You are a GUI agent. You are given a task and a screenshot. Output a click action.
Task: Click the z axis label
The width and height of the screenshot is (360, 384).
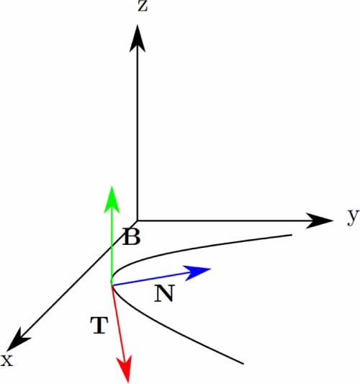[143, 6]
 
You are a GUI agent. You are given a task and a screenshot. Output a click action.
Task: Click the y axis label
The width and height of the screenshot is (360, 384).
[353, 217]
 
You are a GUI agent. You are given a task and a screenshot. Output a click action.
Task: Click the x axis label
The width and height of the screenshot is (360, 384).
[7, 360]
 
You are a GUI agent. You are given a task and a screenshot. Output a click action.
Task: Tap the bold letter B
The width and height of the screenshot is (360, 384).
[132, 236]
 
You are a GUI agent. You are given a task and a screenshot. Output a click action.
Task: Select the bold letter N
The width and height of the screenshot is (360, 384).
[164, 293]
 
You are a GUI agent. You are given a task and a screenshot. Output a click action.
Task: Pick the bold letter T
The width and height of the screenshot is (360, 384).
[99, 325]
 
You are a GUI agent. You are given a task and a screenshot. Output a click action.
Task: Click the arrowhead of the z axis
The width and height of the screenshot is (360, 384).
[138, 38]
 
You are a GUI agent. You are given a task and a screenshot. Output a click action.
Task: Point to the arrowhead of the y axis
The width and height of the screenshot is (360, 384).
[320, 220]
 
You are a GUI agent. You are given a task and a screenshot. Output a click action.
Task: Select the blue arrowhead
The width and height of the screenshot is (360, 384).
[197, 272]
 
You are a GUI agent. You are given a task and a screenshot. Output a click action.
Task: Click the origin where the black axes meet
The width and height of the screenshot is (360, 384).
[138, 220]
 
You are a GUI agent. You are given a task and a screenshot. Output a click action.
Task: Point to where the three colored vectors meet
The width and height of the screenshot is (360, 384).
[112, 285]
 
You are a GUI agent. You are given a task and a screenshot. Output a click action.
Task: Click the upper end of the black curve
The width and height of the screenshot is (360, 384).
[292, 235]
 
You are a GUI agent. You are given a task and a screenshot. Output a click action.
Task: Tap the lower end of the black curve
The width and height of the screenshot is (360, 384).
[243, 363]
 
